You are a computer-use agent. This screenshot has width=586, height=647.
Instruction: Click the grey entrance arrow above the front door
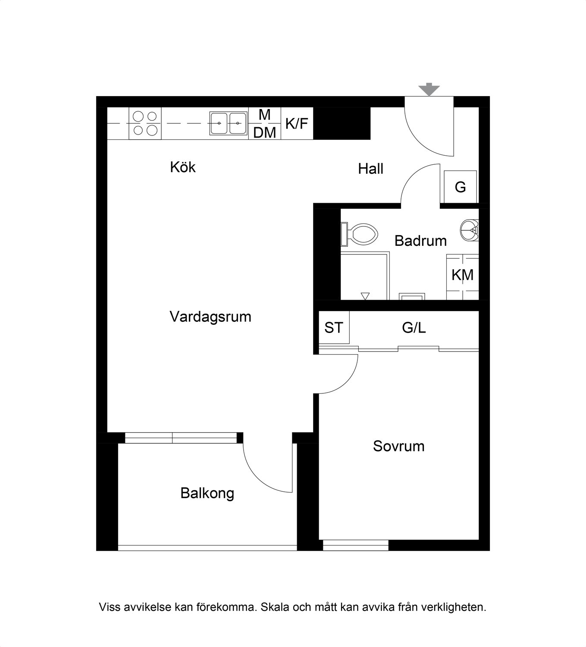[429, 89]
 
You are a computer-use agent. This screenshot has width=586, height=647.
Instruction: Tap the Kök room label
[182, 167]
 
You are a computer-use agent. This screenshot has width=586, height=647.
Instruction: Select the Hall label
[370, 169]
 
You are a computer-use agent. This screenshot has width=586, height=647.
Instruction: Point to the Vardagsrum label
[210, 317]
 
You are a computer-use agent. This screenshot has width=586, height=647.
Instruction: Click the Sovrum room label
[398, 446]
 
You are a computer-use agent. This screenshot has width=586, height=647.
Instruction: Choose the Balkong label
[207, 493]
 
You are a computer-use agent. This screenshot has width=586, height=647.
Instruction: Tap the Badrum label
[420, 241]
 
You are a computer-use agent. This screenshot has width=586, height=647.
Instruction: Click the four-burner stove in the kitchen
[145, 123]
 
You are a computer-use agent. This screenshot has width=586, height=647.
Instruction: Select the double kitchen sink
[229, 123]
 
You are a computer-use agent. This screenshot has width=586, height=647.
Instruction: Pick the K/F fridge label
[297, 123]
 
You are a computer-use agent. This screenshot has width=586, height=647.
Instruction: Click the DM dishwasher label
[265, 132]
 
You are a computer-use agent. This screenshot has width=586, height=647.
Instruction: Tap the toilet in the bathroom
[359, 234]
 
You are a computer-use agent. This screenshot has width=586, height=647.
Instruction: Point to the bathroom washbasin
[469, 230]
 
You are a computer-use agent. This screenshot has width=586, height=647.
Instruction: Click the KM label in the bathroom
[463, 275]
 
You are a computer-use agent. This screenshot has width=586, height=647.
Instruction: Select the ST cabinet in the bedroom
[334, 327]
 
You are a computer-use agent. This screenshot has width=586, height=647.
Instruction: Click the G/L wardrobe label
[414, 328]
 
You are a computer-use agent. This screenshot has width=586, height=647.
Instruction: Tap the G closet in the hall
[460, 187]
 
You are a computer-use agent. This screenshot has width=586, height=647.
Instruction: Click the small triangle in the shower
[365, 296]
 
